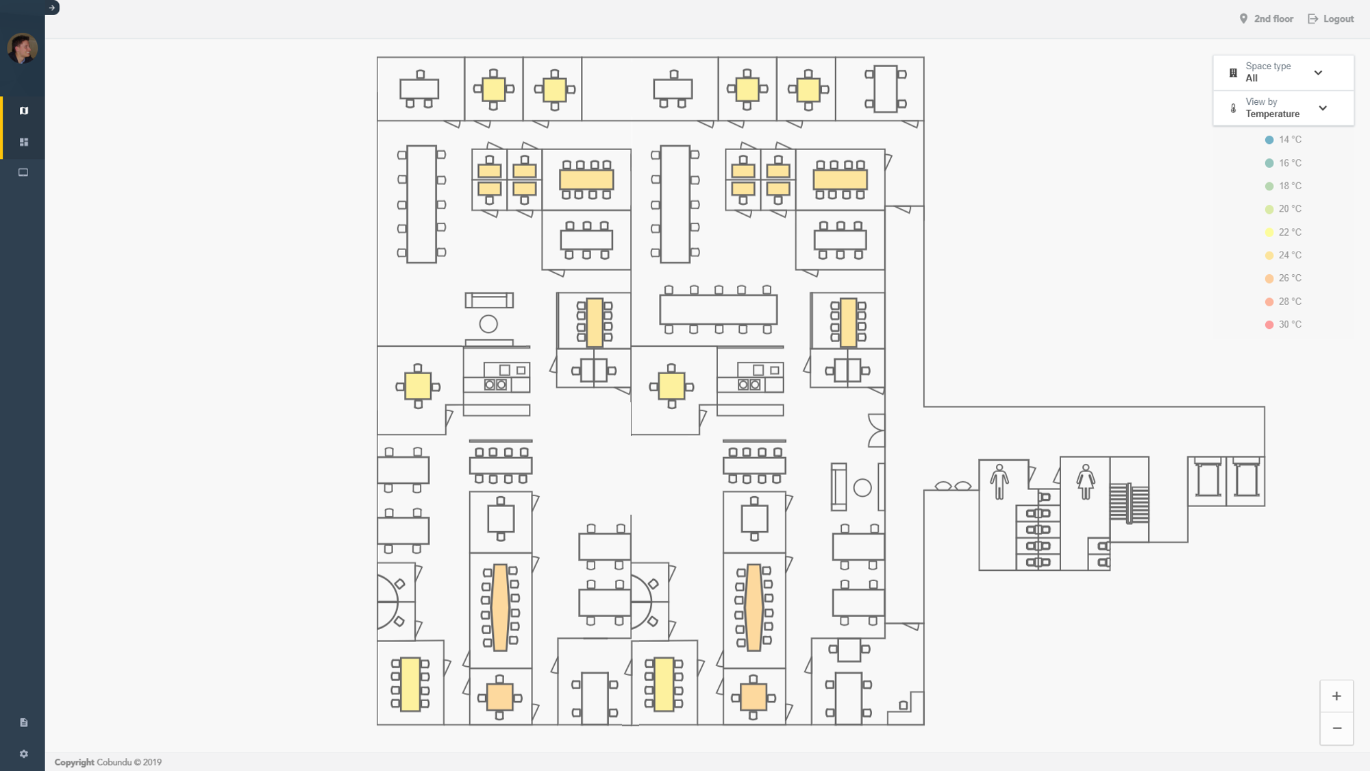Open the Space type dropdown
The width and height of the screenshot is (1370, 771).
[x=1283, y=73]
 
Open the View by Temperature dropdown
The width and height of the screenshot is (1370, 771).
[x=1283, y=108]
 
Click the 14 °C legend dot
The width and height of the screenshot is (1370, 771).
[x=1269, y=140]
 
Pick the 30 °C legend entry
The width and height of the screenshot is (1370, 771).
[x=1283, y=325]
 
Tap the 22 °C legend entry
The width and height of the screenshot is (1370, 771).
[x=1283, y=232]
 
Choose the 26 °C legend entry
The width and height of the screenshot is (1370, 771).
[x=1283, y=278]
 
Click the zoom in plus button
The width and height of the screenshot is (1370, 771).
[x=1336, y=696]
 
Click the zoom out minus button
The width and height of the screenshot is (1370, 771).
[x=1336, y=729]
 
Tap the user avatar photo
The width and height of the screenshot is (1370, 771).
[x=22, y=48]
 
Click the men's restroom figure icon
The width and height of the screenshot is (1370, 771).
[x=999, y=481]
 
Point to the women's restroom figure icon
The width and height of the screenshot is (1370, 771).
[x=1085, y=481]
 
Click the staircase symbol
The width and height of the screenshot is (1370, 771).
[x=1129, y=503]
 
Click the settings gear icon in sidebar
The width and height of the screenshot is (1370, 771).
[x=24, y=754]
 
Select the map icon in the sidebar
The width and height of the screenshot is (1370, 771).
[x=24, y=111]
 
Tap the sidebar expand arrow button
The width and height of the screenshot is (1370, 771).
[x=52, y=8]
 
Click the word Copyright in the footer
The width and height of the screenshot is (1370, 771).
[x=74, y=762]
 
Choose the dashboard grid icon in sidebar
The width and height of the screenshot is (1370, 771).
[x=24, y=142]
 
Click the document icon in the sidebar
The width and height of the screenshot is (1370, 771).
[x=24, y=722]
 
